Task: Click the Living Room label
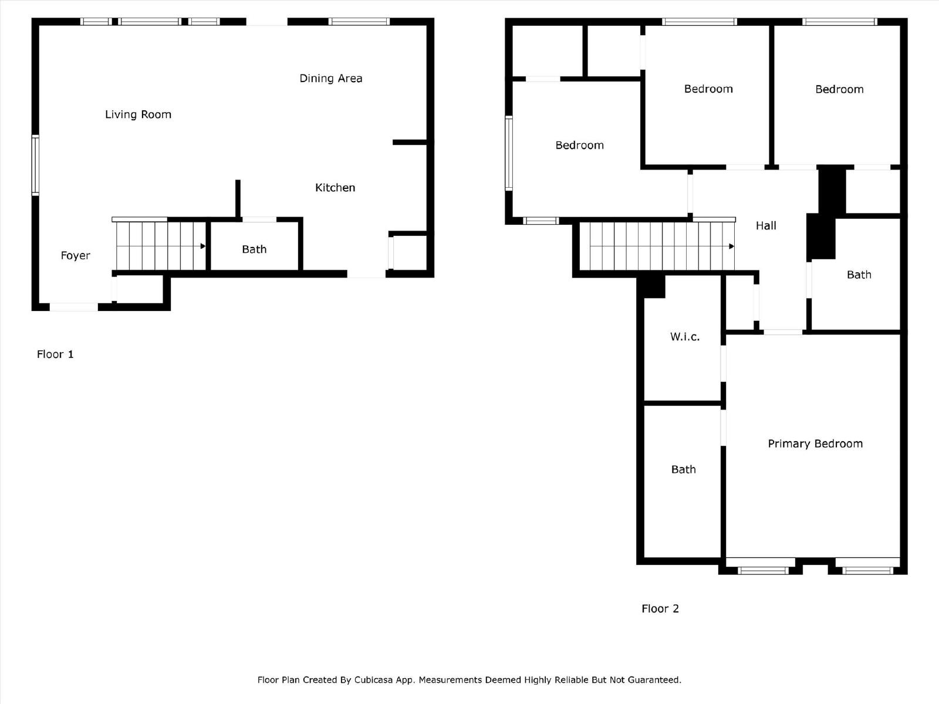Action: (x=138, y=114)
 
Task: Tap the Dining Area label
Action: (x=330, y=78)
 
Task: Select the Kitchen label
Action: (x=335, y=188)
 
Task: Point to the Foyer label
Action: (x=75, y=255)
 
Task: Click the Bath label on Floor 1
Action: (x=254, y=249)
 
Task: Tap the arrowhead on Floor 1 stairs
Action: (x=203, y=246)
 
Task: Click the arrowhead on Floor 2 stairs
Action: (x=731, y=246)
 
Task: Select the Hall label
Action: (x=765, y=225)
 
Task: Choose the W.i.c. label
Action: (x=684, y=337)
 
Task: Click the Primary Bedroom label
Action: (x=815, y=444)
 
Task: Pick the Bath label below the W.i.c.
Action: (x=683, y=469)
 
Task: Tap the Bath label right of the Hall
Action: (x=859, y=275)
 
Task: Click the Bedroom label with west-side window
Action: (x=579, y=145)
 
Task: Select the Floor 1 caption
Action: (x=55, y=354)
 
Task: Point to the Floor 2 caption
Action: (x=660, y=608)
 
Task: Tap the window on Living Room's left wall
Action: (x=35, y=165)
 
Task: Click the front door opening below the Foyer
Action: (x=73, y=307)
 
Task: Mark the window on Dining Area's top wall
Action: (x=359, y=22)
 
